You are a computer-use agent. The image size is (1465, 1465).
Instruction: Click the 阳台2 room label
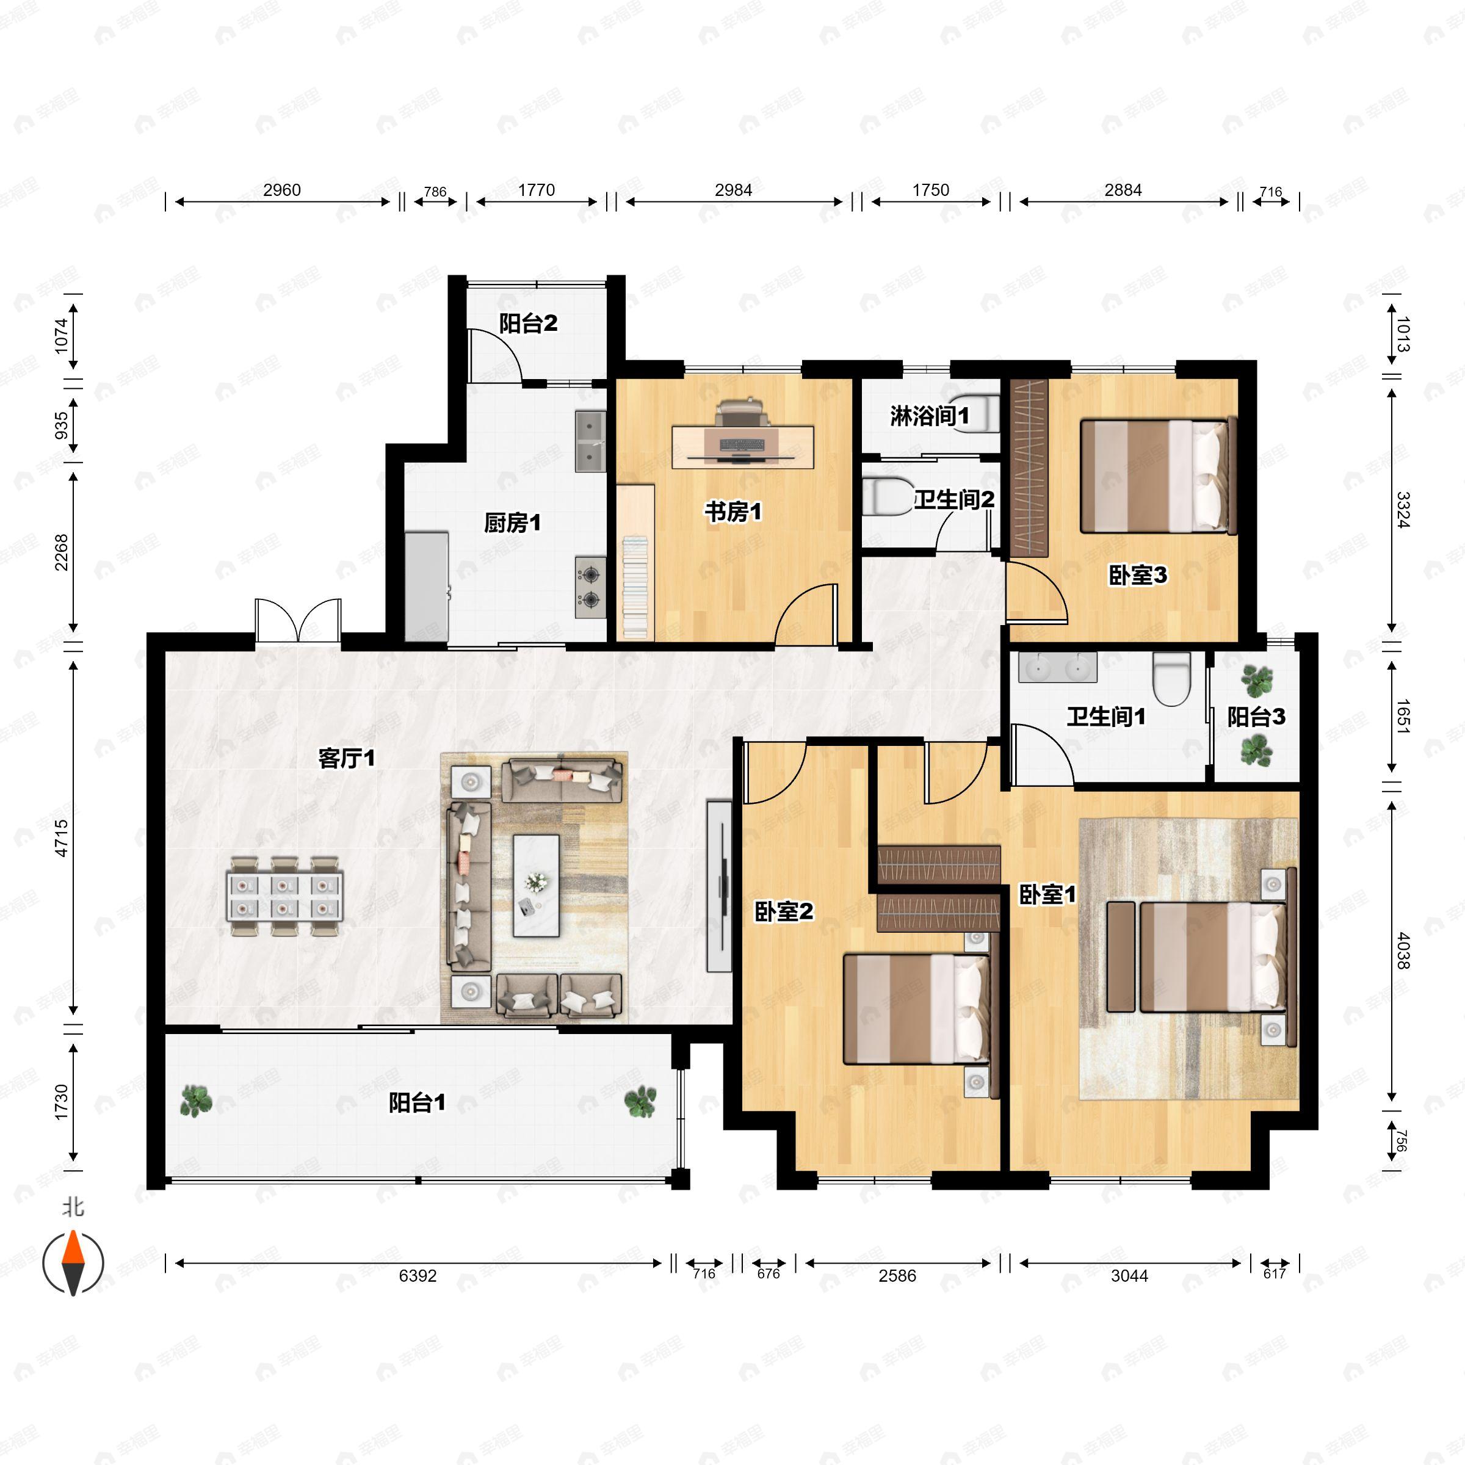click(x=528, y=324)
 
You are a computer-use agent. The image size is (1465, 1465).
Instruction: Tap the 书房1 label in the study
click(x=733, y=512)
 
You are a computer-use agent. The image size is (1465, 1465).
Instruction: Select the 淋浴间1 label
click(x=929, y=416)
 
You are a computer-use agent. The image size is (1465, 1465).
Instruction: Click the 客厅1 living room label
click(x=347, y=758)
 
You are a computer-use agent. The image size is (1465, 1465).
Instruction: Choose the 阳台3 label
click(x=1256, y=717)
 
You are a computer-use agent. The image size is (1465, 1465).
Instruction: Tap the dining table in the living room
click(x=284, y=896)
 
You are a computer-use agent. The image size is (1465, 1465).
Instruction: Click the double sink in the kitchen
click(x=590, y=441)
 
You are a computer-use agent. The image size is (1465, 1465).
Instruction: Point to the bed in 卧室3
click(x=1158, y=476)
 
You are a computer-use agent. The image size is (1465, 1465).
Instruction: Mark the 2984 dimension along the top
click(x=733, y=190)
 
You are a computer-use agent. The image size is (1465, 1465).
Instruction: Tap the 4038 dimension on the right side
click(x=1403, y=951)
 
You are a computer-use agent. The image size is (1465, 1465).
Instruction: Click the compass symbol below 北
click(x=73, y=1262)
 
